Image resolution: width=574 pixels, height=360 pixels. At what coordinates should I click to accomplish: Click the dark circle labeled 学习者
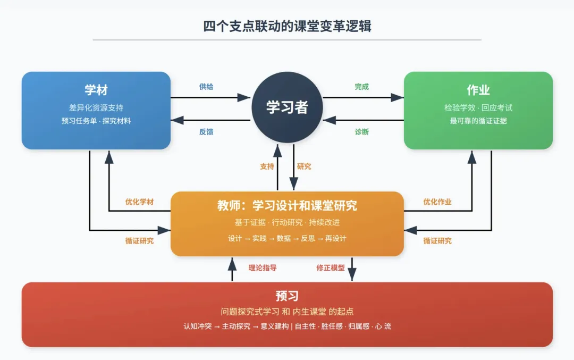[287, 107]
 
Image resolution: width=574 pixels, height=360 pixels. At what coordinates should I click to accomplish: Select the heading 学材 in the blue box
[96, 90]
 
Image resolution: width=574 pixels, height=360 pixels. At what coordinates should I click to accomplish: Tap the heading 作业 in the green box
[478, 90]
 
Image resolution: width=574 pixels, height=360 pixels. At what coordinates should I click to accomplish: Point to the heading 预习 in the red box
[287, 296]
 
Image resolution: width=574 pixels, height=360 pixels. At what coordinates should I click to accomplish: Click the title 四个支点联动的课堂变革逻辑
[287, 26]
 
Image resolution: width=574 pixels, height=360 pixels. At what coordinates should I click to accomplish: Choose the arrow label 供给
[206, 87]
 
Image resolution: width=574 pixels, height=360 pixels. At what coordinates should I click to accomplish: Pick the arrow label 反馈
[206, 131]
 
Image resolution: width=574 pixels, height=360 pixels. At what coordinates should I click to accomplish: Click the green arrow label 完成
[362, 87]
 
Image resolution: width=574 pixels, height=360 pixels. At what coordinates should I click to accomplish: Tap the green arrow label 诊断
[362, 131]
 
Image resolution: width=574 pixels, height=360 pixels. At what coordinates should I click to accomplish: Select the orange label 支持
[267, 166]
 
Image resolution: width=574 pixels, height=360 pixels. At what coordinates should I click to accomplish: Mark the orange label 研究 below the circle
[304, 166]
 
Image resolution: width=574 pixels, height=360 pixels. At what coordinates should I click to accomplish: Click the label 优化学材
[139, 202]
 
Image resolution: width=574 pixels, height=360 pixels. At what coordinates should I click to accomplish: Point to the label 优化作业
[437, 202]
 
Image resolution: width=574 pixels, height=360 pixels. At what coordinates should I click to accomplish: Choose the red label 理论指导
[263, 268]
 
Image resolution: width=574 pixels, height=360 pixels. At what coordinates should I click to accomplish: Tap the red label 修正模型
[331, 268]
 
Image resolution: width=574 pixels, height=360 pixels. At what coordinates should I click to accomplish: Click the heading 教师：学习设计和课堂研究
[287, 206]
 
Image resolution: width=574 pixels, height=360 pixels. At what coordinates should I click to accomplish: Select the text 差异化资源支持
[96, 108]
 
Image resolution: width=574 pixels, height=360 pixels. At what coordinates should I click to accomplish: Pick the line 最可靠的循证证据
[478, 121]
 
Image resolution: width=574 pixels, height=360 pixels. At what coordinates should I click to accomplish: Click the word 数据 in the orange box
[284, 238]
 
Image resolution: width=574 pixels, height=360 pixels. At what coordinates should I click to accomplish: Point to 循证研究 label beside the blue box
[139, 241]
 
